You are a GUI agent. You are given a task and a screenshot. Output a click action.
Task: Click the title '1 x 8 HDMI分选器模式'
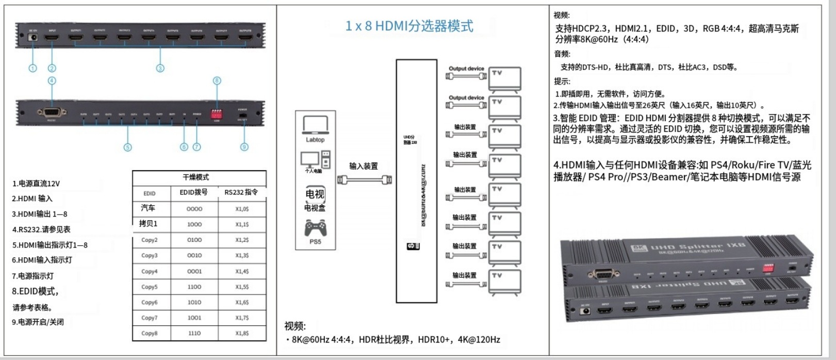[x=409, y=26]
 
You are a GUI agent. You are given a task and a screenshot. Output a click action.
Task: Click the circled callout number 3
[x=160, y=68]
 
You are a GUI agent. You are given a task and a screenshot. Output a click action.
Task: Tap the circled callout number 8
[x=217, y=80]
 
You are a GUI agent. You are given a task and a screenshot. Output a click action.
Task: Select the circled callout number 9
[x=244, y=147]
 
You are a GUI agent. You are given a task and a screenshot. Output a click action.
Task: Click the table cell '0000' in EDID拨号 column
[x=194, y=209]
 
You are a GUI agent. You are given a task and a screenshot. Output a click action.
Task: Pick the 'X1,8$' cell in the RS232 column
[x=242, y=333]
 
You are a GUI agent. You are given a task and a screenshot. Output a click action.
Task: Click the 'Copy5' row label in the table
[x=150, y=287]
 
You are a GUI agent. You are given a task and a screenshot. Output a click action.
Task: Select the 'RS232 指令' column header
[x=241, y=192]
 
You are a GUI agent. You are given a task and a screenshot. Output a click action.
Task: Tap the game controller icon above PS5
[x=315, y=227]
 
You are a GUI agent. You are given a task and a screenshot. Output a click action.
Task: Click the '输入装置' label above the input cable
[x=364, y=166]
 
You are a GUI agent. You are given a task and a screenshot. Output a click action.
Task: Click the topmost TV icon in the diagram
[x=504, y=79]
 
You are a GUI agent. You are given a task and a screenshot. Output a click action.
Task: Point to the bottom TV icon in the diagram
[x=504, y=282]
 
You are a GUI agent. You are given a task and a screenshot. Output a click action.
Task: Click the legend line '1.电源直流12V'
[x=36, y=184]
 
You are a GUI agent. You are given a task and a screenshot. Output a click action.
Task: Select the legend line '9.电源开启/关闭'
[x=38, y=322]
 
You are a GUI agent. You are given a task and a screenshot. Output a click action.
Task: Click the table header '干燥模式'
[x=196, y=177]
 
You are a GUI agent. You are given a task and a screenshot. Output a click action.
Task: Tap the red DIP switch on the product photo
[x=768, y=268]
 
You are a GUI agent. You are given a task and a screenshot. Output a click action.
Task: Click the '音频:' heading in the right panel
[x=562, y=54]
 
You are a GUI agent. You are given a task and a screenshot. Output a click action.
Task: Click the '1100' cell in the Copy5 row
[x=194, y=287]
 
